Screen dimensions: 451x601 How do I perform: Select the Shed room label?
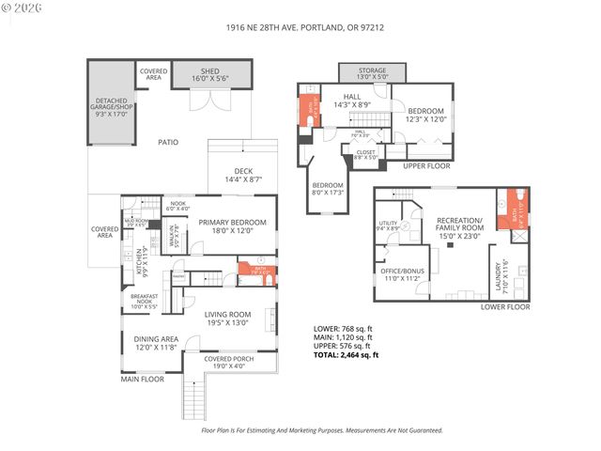(x=209, y=74)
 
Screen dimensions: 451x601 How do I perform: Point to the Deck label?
(x=241, y=175)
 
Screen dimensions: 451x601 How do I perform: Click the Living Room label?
(x=228, y=318)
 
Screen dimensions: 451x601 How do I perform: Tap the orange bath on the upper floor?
(x=306, y=112)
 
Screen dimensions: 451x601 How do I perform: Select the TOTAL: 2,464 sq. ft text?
(x=346, y=354)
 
